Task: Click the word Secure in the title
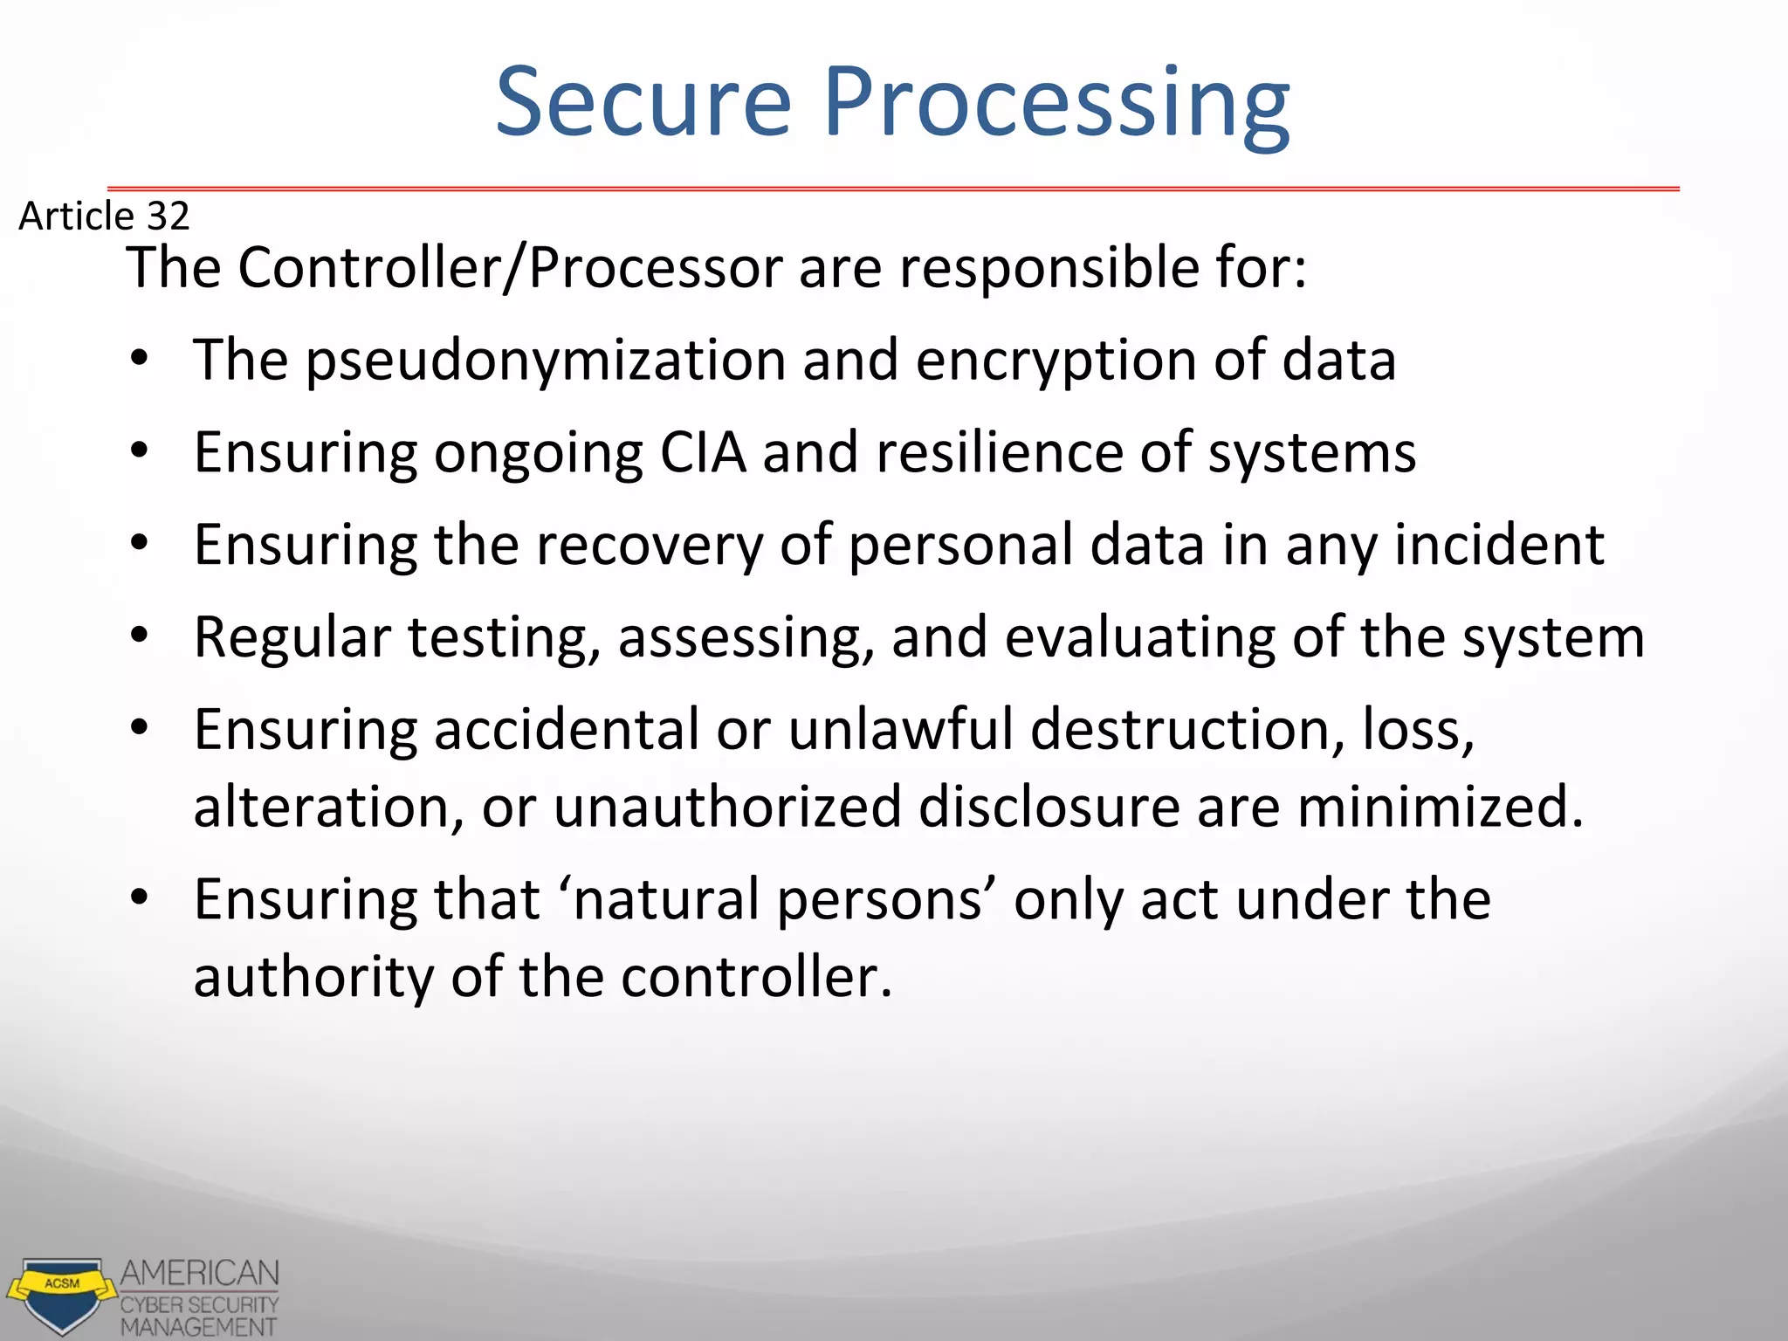pyautogui.click(x=643, y=103)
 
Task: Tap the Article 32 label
pyautogui.click(x=104, y=216)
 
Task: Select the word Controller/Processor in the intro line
pyautogui.click(x=510, y=267)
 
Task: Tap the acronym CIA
pyautogui.click(x=703, y=452)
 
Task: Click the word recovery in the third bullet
pyautogui.click(x=650, y=545)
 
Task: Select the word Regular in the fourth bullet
pyautogui.click(x=292, y=637)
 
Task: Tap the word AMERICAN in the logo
pyautogui.click(x=200, y=1273)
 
